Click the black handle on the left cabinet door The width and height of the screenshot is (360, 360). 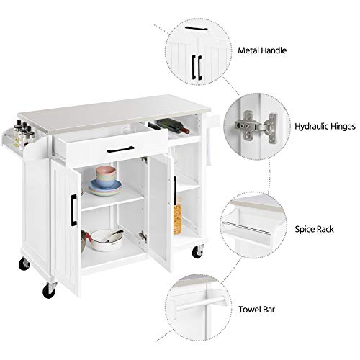click(73, 209)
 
